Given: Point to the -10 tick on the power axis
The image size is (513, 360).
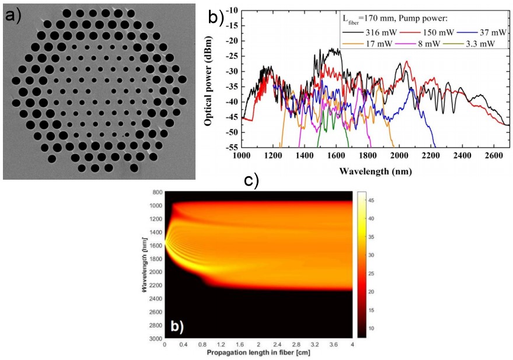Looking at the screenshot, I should coord(231,11).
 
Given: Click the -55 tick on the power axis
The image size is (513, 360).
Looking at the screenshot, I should coord(231,148).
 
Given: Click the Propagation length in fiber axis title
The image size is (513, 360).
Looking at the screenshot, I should coord(258,354).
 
